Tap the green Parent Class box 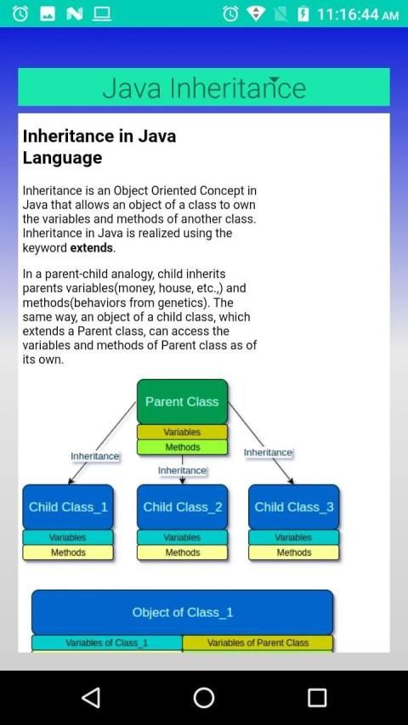(182, 401)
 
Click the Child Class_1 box (68, 507)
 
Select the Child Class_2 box (182, 507)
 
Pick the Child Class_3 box (294, 507)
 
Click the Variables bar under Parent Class (182, 432)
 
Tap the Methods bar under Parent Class (182, 447)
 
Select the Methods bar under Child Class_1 (68, 552)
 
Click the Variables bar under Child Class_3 (294, 537)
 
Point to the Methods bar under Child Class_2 (182, 552)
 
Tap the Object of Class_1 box (182, 612)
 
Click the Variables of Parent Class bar (258, 643)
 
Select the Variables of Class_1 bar (107, 643)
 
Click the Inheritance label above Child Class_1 (95, 456)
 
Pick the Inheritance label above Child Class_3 (268, 453)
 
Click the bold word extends (92, 248)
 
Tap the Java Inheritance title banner (204, 87)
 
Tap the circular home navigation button (204, 697)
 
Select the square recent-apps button (317, 697)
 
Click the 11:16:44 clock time (347, 14)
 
